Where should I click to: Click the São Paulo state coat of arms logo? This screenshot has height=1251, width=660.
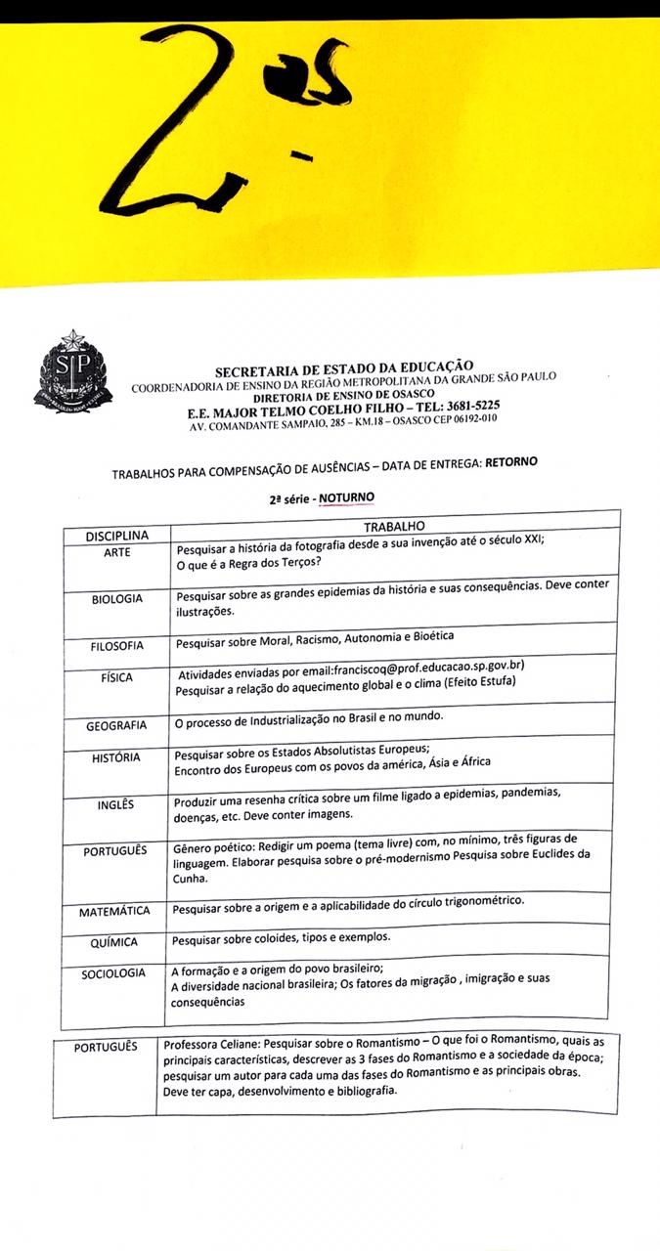click(x=73, y=371)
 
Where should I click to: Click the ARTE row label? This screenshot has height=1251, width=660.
click(x=117, y=553)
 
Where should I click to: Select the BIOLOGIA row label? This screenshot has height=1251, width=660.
click(x=117, y=598)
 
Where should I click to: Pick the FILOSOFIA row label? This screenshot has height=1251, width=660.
click(x=116, y=646)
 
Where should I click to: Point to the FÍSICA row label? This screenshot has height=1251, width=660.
click(x=117, y=677)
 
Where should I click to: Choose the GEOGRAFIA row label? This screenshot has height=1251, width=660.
click(x=116, y=725)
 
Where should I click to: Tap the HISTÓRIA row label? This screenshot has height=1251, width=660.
click(x=117, y=757)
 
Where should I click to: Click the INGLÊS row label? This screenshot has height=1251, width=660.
click(x=116, y=805)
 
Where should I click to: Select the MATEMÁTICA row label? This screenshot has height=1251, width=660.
click(x=115, y=911)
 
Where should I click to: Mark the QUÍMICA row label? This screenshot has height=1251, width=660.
click(x=115, y=942)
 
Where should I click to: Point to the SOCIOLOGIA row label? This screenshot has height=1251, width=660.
click(x=114, y=972)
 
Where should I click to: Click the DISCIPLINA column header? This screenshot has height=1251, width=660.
click(x=117, y=537)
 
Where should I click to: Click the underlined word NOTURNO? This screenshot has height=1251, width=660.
click(x=346, y=496)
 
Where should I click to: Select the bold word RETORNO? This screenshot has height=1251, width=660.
click(x=511, y=460)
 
